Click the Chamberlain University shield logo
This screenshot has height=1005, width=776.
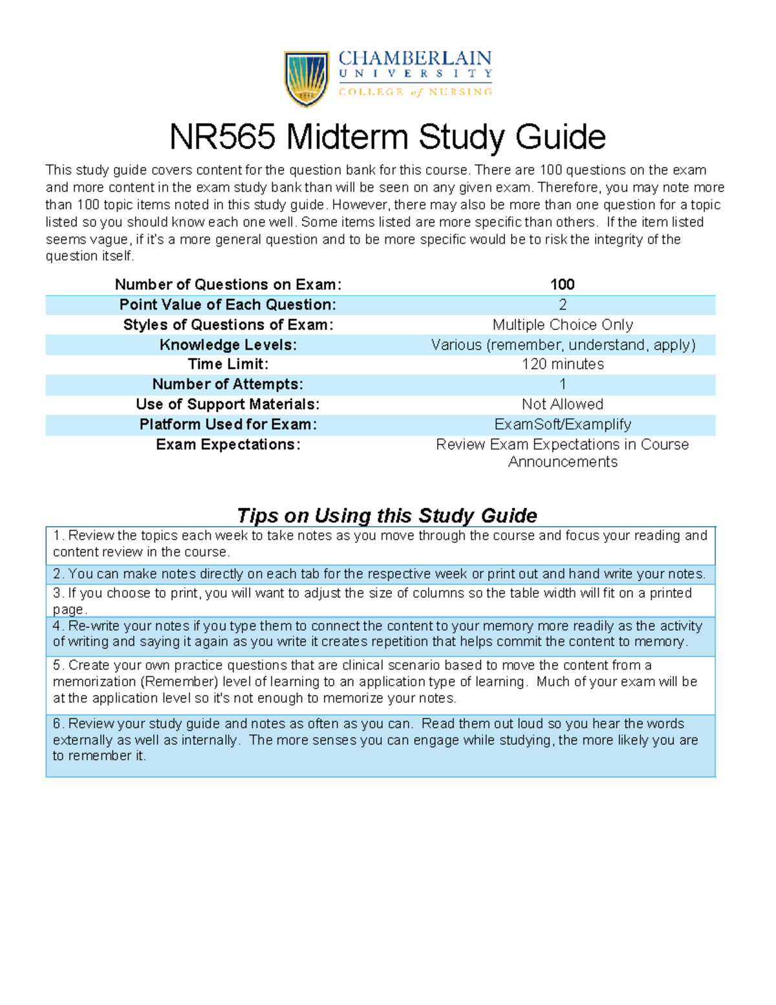(x=307, y=79)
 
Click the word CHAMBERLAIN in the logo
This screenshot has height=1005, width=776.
(x=415, y=59)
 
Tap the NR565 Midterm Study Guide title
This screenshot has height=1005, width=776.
(x=387, y=137)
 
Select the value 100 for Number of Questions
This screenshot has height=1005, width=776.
(x=562, y=285)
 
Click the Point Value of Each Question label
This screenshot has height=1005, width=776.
(x=228, y=305)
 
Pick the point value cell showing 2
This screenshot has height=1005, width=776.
(x=562, y=305)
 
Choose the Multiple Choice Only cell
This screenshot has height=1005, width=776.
(x=562, y=325)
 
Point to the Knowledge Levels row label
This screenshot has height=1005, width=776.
(x=228, y=345)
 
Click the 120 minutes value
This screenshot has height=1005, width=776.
(x=562, y=364)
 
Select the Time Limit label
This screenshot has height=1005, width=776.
(x=228, y=364)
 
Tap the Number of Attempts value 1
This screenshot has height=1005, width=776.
(x=562, y=384)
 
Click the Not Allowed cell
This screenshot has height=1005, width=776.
(x=562, y=404)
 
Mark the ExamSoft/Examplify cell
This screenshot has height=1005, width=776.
(x=562, y=425)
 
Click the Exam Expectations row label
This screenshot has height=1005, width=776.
(x=228, y=445)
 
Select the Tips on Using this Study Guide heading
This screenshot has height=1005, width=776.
(x=387, y=516)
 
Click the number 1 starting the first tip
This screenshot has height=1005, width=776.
(x=57, y=536)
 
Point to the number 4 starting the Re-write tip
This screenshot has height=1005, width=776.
(x=57, y=626)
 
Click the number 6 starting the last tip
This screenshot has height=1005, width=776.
(x=57, y=724)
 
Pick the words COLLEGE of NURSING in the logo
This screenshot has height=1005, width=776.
(x=415, y=92)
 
